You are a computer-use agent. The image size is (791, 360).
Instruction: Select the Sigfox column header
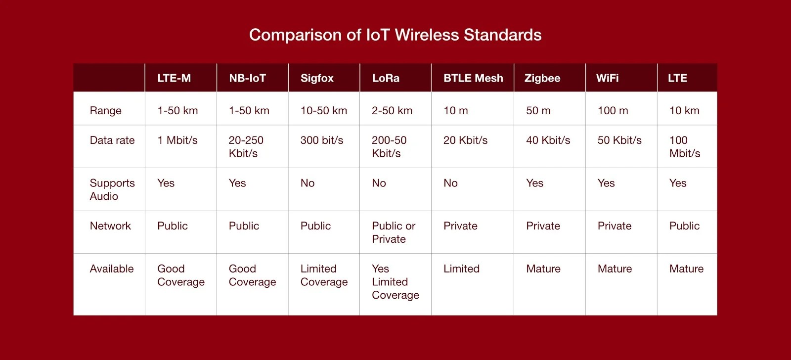tap(317, 78)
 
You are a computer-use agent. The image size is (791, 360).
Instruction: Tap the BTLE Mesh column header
tap(473, 78)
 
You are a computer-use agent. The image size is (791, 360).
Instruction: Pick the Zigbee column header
tap(542, 78)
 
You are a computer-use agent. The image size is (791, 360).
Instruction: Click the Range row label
tap(106, 111)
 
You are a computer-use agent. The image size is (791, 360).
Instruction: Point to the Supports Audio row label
tap(112, 189)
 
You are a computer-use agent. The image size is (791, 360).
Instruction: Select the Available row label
tap(112, 269)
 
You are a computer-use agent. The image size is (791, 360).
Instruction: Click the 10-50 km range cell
tap(323, 111)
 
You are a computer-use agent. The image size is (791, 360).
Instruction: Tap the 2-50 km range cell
tap(392, 111)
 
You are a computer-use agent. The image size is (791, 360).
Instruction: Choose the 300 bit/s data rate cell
tap(322, 140)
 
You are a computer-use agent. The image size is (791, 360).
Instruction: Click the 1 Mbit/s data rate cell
tap(177, 140)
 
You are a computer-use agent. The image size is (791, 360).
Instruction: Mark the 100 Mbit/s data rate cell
tap(685, 146)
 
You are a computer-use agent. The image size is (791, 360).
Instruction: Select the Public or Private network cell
tap(394, 232)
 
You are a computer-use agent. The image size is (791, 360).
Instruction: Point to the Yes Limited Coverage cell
tap(395, 281)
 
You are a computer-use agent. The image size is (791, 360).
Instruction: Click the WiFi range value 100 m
tap(613, 111)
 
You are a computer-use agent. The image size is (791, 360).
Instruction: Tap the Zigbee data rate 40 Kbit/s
tap(548, 140)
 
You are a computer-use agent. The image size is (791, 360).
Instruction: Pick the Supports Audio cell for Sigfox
tap(307, 183)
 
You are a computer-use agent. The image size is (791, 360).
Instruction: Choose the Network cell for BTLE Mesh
tap(460, 226)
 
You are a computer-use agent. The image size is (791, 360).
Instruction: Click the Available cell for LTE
tap(687, 269)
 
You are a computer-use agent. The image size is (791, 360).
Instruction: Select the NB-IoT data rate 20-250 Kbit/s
tap(246, 146)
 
